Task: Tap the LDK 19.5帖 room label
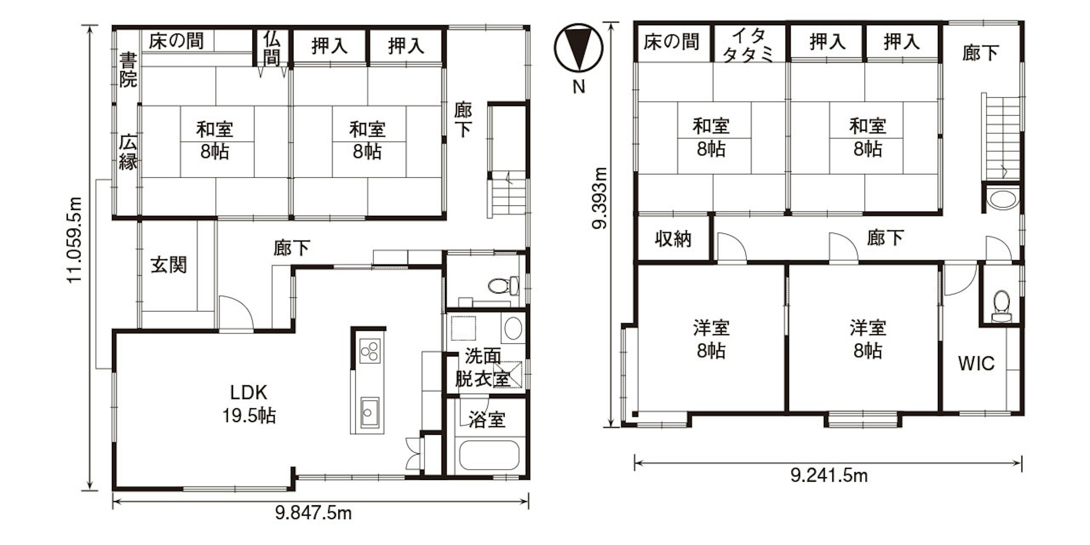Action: point(249,404)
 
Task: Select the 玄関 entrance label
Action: point(169,265)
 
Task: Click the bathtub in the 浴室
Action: point(489,455)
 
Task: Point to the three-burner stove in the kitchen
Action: point(369,351)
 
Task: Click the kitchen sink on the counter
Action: point(370,413)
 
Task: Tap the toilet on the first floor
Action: point(503,285)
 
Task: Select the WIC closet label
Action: point(976,363)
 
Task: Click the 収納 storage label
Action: point(673,239)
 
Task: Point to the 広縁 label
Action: point(128,152)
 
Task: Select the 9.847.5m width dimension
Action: point(313,513)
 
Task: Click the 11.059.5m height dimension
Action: point(74,240)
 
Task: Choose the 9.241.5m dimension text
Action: point(829,475)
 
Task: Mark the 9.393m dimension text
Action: point(599,198)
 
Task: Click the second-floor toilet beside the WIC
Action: point(1001,306)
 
